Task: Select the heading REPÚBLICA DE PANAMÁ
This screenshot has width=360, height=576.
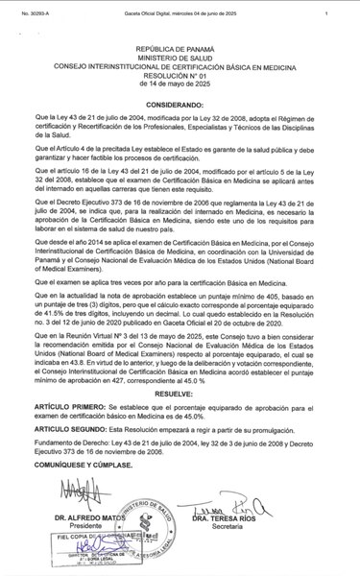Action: (180, 46)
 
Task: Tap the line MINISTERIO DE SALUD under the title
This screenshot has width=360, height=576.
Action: (180, 55)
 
